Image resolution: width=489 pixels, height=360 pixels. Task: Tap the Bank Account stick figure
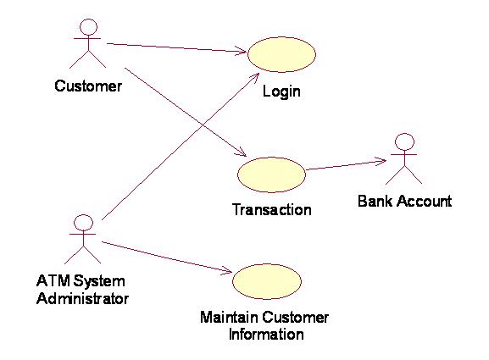(x=404, y=159)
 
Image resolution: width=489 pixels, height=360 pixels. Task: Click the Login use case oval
(x=281, y=53)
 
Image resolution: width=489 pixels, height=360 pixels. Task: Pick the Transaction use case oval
(x=271, y=174)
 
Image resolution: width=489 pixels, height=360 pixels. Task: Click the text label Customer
(x=87, y=86)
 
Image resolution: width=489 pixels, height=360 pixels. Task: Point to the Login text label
(x=281, y=91)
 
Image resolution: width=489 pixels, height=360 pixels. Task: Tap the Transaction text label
(x=271, y=208)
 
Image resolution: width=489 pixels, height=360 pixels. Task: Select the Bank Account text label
(x=404, y=202)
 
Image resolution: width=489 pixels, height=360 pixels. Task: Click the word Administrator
(x=82, y=298)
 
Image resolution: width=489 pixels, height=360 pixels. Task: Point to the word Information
(x=265, y=334)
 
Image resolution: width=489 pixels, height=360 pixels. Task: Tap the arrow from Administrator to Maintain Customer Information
(x=166, y=257)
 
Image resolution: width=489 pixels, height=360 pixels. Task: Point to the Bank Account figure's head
(x=404, y=141)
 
